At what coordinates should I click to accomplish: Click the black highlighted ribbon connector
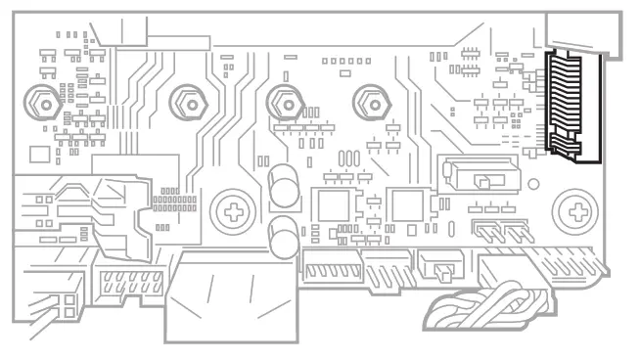pyautogui.click(x=565, y=106)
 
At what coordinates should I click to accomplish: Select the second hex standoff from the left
pyautogui.click(x=190, y=100)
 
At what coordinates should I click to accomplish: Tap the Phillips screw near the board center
pyautogui.click(x=233, y=207)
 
